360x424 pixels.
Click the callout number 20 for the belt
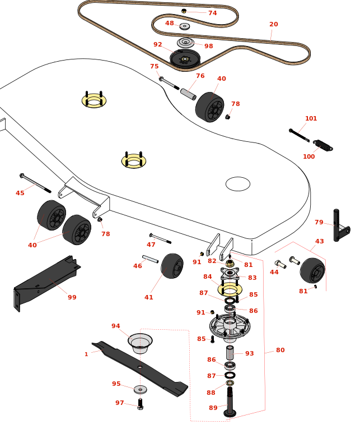tap(273, 25)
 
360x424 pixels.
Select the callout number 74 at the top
tap(212, 13)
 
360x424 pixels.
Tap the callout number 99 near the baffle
tap(72, 297)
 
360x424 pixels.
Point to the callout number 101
tap(311, 118)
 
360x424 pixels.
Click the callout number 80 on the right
tap(280, 350)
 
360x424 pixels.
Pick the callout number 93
tap(249, 353)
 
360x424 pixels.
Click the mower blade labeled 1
tap(140, 367)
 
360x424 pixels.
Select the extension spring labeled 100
tap(323, 146)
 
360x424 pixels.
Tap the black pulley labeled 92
tap(185, 58)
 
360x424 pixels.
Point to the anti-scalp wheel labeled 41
tap(172, 265)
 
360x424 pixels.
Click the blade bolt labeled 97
tap(140, 404)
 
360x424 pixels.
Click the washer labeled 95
tap(140, 389)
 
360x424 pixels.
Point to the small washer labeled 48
tap(185, 26)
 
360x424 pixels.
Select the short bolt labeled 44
tap(280, 264)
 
